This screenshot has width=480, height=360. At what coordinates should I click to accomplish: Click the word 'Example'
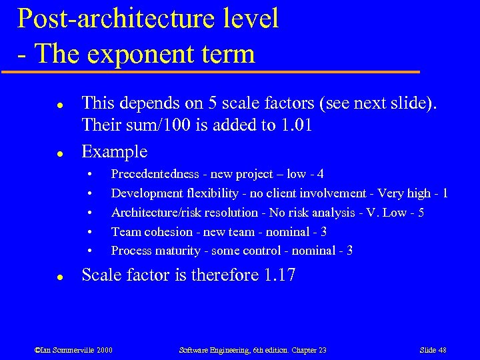114,151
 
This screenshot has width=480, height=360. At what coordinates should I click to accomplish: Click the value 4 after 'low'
321,174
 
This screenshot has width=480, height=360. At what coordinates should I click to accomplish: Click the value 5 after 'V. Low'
421,213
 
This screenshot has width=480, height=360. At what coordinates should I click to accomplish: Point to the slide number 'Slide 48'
433,350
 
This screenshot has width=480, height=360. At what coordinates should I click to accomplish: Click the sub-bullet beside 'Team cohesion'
89,232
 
